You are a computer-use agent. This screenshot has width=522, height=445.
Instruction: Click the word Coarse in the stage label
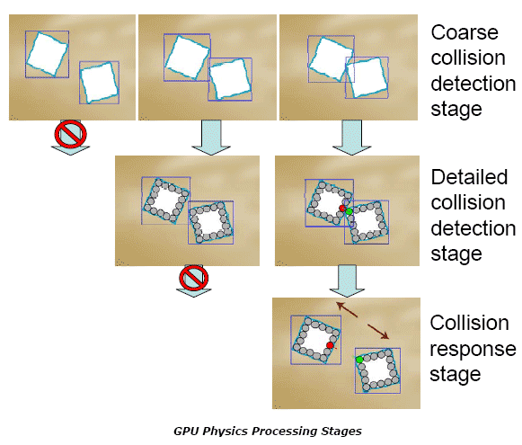(x=464, y=32)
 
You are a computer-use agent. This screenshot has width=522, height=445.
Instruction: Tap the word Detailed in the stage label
(x=469, y=177)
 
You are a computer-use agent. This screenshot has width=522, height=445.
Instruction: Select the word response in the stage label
(x=473, y=349)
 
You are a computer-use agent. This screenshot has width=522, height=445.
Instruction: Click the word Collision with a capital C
(x=469, y=323)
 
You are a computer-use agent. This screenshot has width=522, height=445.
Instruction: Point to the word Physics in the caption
(x=226, y=432)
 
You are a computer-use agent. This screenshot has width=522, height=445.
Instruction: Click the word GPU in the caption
(x=187, y=431)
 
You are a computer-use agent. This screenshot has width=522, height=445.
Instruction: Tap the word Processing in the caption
(x=285, y=432)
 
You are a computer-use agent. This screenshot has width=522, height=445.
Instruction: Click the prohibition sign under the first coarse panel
(x=71, y=134)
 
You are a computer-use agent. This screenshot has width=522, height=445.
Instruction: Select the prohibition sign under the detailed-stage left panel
(x=194, y=278)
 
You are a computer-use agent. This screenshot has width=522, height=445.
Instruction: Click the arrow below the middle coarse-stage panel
(x=211, y=138)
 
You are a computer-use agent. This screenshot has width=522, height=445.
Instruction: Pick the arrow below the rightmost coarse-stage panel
(x=352, y=138)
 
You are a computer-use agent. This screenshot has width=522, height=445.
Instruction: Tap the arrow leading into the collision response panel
(x=347, y=281)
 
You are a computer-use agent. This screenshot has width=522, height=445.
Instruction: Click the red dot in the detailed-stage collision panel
(x=342, y=209)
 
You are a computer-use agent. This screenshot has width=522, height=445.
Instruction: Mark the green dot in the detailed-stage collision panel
(x=349, y=211)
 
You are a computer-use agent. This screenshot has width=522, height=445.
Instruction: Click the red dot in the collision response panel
(x=330, y=345)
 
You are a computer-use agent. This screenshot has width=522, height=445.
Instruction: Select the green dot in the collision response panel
(x=359, y=360)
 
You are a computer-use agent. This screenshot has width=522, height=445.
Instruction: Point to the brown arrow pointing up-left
(x=347, y=309)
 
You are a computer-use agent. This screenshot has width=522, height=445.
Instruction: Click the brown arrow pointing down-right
(x=378, y=332)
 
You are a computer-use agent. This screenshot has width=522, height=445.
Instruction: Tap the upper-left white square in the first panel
(x=48, y=54)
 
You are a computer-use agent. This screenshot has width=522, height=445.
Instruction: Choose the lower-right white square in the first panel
(x=100, y=83)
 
